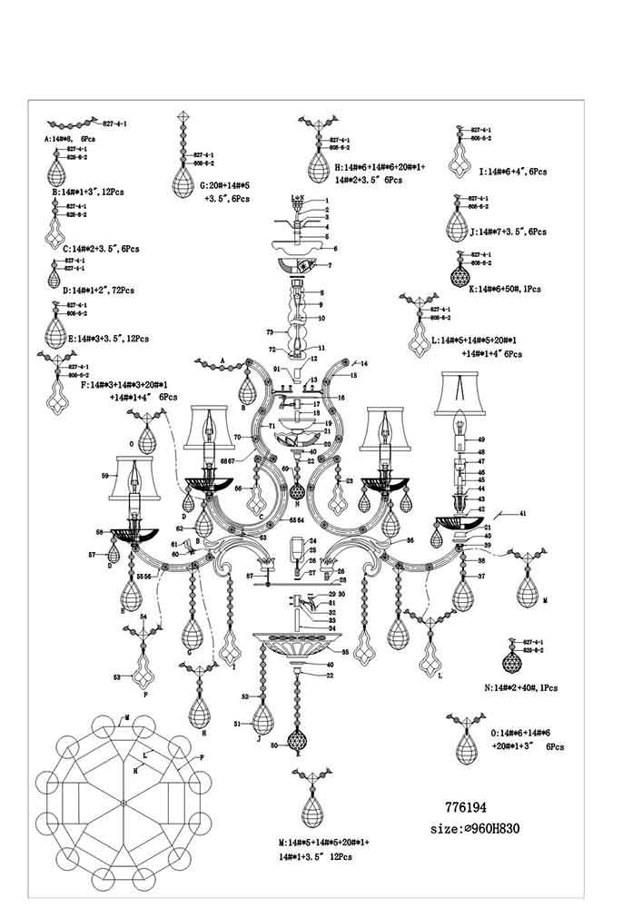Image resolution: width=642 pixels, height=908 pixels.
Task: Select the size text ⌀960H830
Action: coord(479,829)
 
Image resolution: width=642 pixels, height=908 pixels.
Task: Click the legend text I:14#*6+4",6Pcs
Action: coord(511,171)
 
